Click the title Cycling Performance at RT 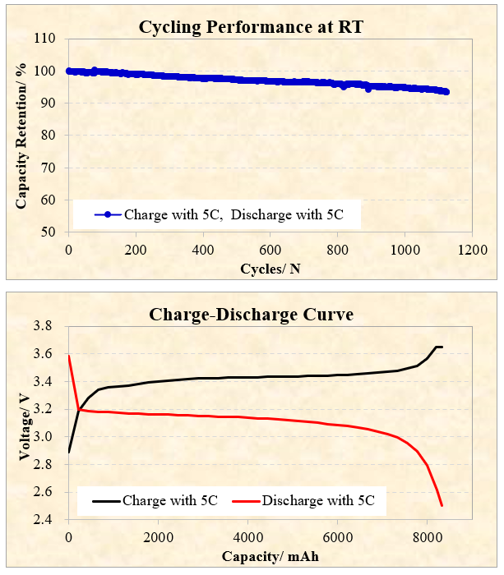click(251, 27)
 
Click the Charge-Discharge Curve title click(252, 314)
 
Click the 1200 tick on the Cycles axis click(470, 247)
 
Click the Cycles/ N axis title click(269, 268)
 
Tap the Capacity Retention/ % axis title click(21, 135)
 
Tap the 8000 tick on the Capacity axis click(426, 537)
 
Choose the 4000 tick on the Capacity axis click(247, 537)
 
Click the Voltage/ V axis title click(21, 423)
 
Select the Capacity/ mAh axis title click(270, 556)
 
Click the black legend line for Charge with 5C click(100, 499)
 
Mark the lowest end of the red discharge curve click(442, 506)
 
